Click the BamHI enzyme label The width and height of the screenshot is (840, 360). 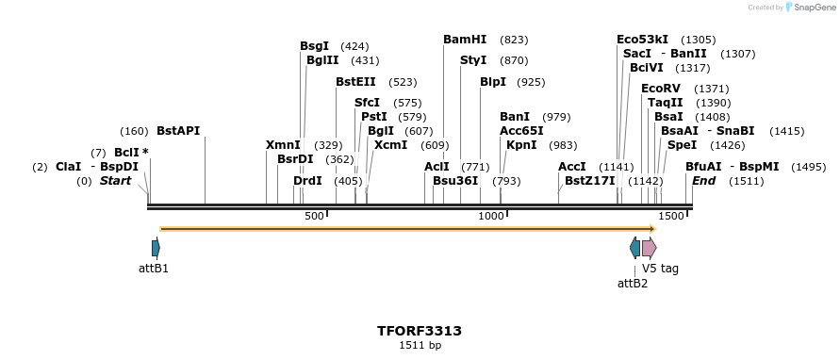pyautogui.click(x=465, y=40)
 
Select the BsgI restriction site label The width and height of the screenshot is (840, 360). pyautogui.click(x=314, y=45)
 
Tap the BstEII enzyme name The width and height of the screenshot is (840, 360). pyautogui.click(x=355, y=82)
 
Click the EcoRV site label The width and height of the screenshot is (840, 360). pyautogui.click(x=660, y=89)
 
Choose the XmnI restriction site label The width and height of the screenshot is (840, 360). pyautogui.click(x=283, y=145)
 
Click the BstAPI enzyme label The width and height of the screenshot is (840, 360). pyautogui.click(x=178, y=131)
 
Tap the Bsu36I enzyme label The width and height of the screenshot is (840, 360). pyautogui.click(x=455, y=181)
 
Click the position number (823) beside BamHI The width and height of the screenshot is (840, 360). pyautogui.click(x=514, y=40)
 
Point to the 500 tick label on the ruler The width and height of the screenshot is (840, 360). pyautogui.click(x=314, y=217)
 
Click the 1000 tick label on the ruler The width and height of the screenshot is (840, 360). pyautogui.click(x=491, y=217)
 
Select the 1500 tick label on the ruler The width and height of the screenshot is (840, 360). pyautogui.click(x=670, y=217)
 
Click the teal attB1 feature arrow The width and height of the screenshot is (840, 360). pyautogui.click(x=156, y=248)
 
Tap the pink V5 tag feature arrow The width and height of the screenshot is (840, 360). pyautogui.click(x=649, y=248)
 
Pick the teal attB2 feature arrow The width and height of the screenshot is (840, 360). pyautogui.click(x=634, y=248)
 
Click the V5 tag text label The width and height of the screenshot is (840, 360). pyautogui.click(x=660, y=269)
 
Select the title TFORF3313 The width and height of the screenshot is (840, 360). pyautogui.click(x=420, y=331)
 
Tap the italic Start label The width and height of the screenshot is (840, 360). pyautogui.click(x=115, y=181)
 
